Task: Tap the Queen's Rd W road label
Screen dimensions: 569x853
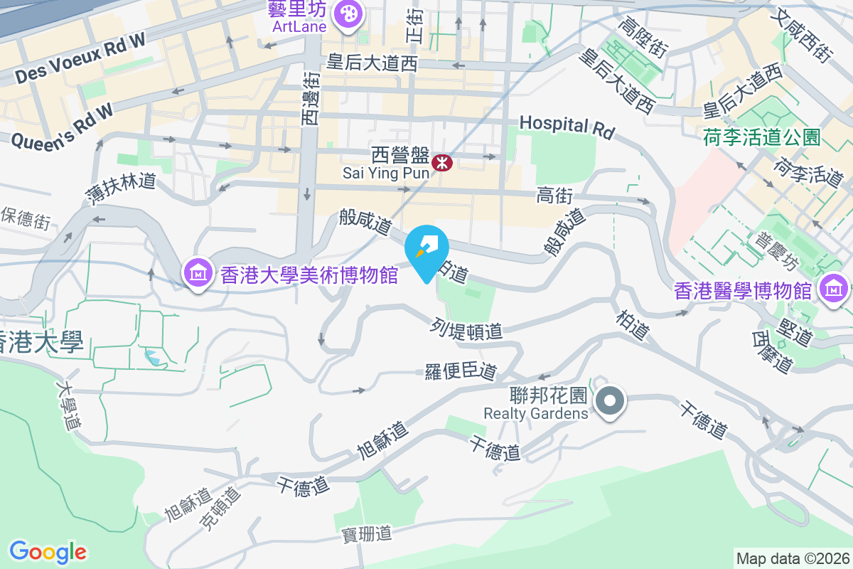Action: [x=63, y=126]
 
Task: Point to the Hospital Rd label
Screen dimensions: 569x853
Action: [x=566, y=126]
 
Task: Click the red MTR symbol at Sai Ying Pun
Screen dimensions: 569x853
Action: [x=443, y=163]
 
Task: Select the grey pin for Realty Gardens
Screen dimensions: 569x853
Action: [x=609, y=402]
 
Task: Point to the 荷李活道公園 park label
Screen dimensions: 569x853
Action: [x=761, y=136]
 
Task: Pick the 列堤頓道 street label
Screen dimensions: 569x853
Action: [x=466, y=329]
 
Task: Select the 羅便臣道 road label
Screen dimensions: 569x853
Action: [x=461, y=371]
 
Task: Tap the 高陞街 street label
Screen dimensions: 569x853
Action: [x=642, y=38]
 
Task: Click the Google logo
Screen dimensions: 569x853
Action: [x=48, y=552]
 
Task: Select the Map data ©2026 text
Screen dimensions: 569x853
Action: [x=792, y=558]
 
